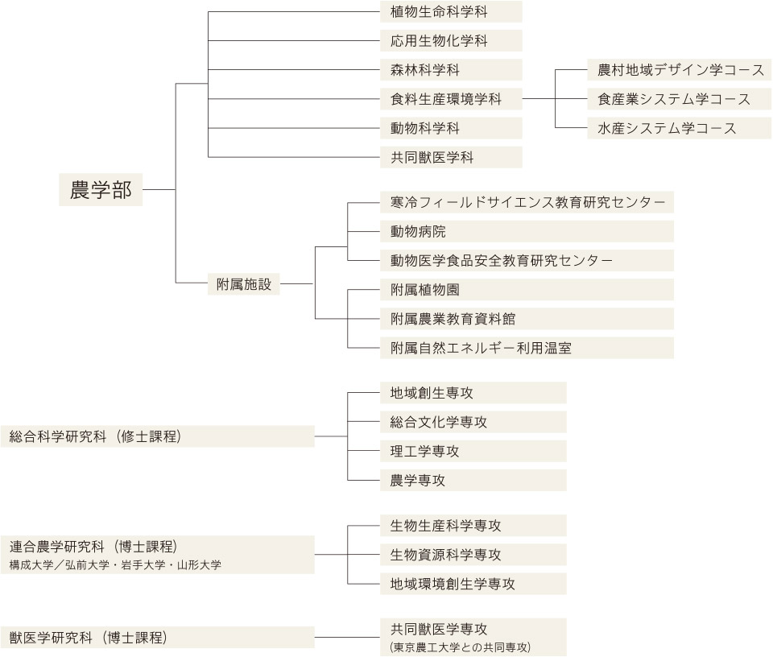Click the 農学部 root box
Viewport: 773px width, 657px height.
[x=101, y=189]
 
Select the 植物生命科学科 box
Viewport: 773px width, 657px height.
[x=451, y=11]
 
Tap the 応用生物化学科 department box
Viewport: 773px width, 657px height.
[x=451, y=40]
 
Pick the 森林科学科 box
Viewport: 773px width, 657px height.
[x=451, y=69]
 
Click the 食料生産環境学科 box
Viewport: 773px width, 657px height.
[x=451, y=98]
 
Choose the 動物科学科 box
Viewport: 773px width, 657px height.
[x=451, y=128]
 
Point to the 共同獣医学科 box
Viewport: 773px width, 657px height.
[x=451, y=157]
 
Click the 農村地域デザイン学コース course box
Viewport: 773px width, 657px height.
[x=679, y=69]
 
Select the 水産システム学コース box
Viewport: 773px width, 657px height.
[x=679, y=128]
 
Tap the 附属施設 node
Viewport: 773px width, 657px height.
[x=243, y=284]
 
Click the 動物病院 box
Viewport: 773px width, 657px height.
[x=527, y=231]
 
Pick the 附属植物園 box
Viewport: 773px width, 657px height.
[x=527, y=289]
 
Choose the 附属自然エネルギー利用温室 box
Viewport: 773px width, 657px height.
[x=527, y=348]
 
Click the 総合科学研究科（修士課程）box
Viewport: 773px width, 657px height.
[x=157, y=436]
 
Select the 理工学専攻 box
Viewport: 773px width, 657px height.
[x=473, y=451]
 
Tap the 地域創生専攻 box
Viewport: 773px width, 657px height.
[x=473, y=392]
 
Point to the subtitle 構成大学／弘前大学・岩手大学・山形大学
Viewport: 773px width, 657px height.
[x=115, y=565]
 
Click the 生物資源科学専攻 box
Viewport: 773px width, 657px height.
[x=473, y=555]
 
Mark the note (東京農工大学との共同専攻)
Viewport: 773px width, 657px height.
[x=460, y=647]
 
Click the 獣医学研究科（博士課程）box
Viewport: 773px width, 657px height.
[x=157, y=638]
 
